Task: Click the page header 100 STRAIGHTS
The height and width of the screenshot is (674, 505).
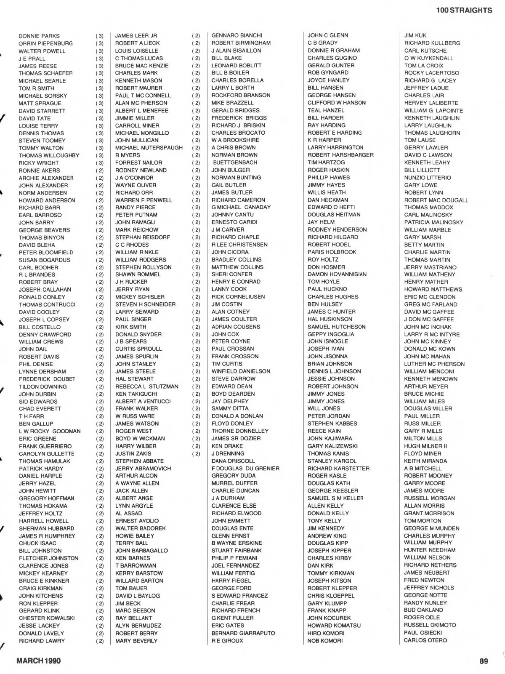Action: click(464, 10)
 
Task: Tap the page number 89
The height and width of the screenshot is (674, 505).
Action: click(484, 661)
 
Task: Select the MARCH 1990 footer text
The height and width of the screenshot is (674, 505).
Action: click(38, 661)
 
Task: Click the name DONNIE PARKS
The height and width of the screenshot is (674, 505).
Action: click(39, 36)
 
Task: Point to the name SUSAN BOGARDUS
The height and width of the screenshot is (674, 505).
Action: click(44, 260)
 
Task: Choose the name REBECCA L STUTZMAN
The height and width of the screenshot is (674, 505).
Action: click(147, 386)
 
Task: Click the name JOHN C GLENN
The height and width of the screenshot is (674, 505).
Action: click(328, 35)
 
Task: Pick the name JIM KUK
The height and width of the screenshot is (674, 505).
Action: click(415, 35)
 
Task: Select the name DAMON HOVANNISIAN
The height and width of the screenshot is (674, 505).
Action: click(337, 274)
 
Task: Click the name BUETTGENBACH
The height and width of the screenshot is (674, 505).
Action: click(235, 163)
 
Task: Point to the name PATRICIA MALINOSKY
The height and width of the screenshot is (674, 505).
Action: click(433, 222)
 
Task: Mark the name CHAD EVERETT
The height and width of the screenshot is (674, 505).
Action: click(40, 409)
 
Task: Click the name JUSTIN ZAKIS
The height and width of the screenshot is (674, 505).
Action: click(133, 453)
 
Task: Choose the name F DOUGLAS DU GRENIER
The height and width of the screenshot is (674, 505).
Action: click(245, 468)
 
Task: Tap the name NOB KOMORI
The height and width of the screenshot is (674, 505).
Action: click(325, 641)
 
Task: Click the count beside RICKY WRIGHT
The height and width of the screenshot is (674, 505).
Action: click(100, 163)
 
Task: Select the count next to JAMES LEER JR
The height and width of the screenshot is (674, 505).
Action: click(196, 36)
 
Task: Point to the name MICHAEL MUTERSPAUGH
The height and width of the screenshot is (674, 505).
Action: click(149, 148)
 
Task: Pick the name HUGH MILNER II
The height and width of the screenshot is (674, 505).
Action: click(425, 446)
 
